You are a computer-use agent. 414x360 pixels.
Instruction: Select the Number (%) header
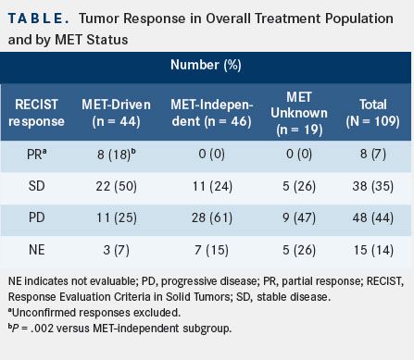[206, 65]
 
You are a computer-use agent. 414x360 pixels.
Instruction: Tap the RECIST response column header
[36, 113]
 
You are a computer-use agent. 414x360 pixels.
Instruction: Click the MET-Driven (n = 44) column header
[116, 113]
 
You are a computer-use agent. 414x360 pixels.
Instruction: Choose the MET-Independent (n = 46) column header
[212, 113]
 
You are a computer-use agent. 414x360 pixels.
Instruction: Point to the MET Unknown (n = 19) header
[299, 114]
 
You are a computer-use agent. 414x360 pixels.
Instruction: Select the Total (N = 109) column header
[372, 113]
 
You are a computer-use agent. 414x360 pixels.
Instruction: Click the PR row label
[36, 154]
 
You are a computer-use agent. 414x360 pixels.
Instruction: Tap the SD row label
[36, 186]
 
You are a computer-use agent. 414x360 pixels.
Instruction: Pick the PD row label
[36, 217]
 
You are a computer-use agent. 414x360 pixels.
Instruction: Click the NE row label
[36, 250]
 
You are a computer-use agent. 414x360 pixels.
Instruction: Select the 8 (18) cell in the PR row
[116, 155]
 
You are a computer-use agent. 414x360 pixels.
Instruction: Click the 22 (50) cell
[116, 186]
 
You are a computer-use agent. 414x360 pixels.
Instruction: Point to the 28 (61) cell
[212, 217]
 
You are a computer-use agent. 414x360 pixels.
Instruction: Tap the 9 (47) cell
[299, 217]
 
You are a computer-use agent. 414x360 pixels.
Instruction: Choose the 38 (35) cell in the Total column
[372, 186]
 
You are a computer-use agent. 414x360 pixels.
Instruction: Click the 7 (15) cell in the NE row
[212, 250]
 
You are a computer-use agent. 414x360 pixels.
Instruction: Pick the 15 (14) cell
[373, 250]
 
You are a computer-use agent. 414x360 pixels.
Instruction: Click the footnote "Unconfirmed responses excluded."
[94, 313]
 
